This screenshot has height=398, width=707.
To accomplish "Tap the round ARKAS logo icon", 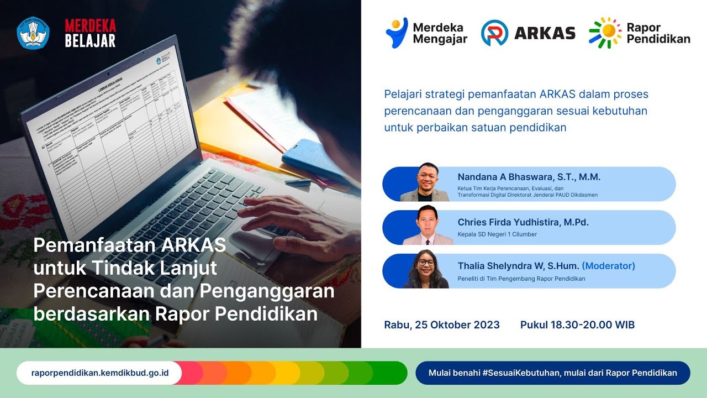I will point(494,33).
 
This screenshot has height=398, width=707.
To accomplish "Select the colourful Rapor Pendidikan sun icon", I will point(605,33).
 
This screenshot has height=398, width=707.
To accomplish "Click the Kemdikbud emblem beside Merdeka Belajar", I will point(33,33).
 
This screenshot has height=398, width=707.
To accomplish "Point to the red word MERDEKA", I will point(90,26).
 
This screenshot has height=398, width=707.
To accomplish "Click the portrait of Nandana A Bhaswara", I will point(424,183).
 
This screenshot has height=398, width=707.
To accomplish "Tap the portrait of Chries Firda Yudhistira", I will point(428,226).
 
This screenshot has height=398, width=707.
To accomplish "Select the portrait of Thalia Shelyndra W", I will point(425,270).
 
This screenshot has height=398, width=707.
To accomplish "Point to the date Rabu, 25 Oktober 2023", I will point(442,325).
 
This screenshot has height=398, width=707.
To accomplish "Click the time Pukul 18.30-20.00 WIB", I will point(577,325).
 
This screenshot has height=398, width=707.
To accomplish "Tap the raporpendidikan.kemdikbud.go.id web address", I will point(100,373).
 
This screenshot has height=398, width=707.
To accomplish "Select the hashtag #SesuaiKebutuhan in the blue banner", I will point(520,373).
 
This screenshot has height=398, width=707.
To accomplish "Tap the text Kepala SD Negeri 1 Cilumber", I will point(497,234).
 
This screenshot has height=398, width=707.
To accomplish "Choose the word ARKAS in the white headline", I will point(194,245).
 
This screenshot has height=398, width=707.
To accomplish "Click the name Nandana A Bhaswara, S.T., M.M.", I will point(529,177).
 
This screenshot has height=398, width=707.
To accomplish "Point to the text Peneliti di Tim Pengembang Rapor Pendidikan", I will point(521,279).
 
